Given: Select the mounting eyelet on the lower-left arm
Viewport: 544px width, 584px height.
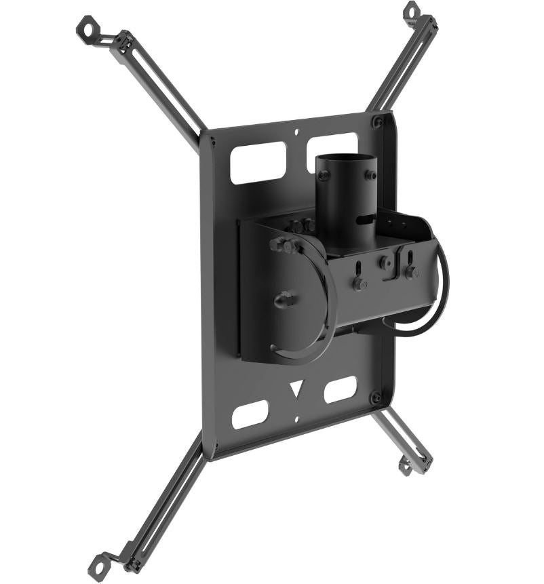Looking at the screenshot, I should point(100,563).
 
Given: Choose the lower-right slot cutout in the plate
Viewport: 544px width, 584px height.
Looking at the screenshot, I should point(341,389).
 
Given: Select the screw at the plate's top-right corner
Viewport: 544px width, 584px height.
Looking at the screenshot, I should point(377,122).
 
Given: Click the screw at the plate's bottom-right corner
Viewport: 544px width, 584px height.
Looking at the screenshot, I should point(375,397).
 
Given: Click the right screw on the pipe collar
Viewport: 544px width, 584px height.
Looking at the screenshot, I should point(371,175).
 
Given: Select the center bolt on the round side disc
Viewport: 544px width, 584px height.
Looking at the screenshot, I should point(285,298).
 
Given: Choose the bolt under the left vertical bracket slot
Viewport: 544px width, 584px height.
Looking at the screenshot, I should point(360,284).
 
